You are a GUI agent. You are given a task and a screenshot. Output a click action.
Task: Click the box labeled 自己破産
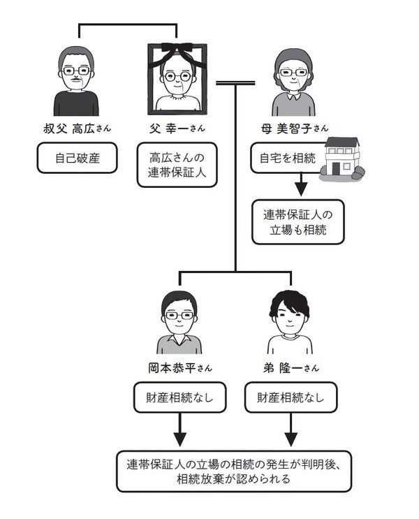click(78, 158)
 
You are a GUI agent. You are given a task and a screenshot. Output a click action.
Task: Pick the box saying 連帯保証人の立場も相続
click(299, 221)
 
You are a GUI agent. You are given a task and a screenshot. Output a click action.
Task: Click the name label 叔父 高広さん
click(78, 129)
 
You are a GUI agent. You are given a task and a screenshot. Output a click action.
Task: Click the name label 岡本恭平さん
click(179, 369)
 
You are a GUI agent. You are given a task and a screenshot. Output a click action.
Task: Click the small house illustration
click(340, 158)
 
